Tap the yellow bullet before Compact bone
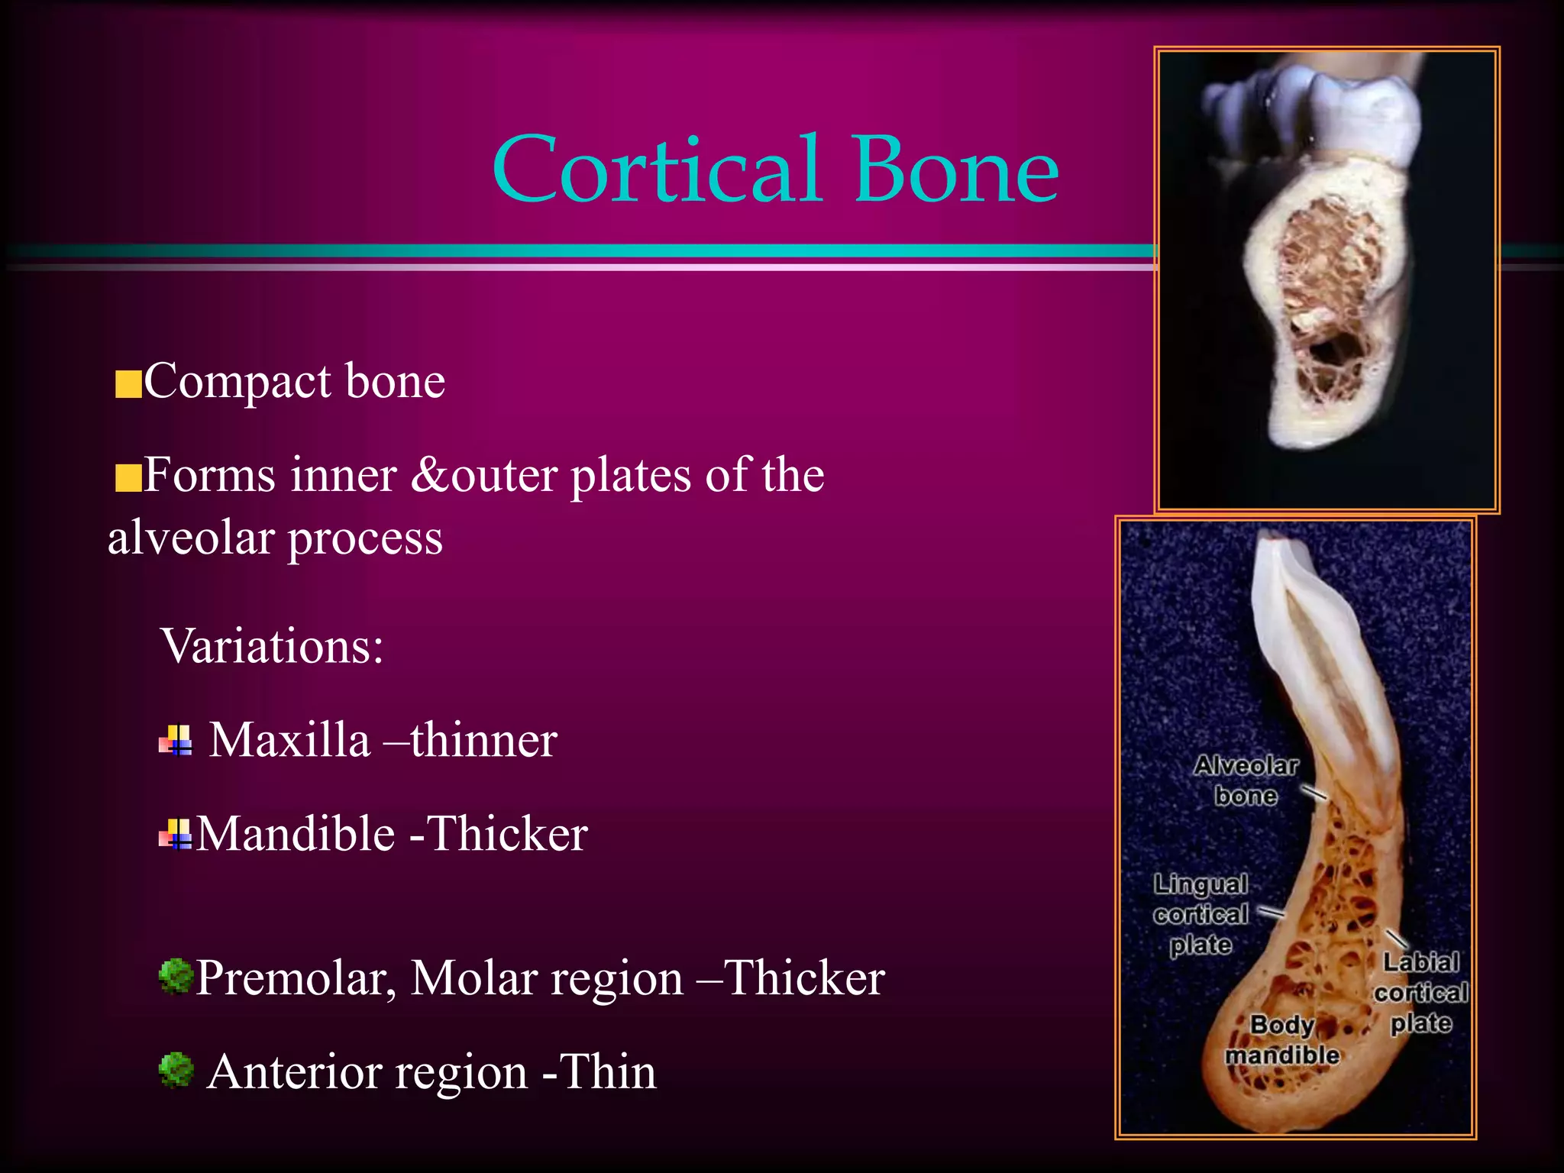click(x=128, y=385)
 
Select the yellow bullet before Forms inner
click(x=128, y=479)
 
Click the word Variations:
click(x=272, y=646)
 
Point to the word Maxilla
click(x=289, y=740)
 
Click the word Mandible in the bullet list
click(x=296, y=834)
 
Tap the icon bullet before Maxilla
click(x=176, y=740)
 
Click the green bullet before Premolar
click(x=176, y=977)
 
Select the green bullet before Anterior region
click(x=176, y=1070)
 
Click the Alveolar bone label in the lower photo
click(x=1246, y=780)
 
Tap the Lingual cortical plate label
click(x=1200, y=914)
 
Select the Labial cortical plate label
click(x=1420, y=992)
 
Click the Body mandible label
click(x=1282, y=1039)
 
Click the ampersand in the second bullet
click(x=430, y=476)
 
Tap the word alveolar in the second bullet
click(x=189, y=538)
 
